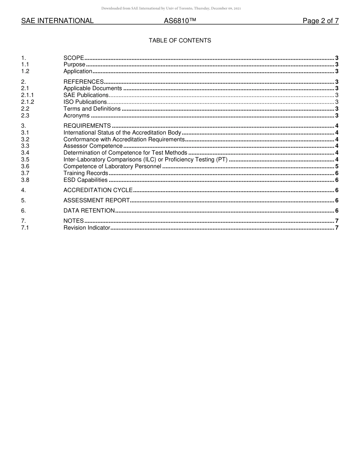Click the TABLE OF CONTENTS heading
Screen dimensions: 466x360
[180, 41]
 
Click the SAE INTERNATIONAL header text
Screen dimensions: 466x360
[57, 21]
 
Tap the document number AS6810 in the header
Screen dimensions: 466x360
[180, 21]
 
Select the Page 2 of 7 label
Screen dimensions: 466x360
[320, 21]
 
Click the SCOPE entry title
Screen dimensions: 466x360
[74, 58]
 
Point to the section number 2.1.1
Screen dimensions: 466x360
[27, 95]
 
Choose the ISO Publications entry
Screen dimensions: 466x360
[85, 102]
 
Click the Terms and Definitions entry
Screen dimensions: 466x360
[92, 109]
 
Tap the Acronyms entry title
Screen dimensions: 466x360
[77, 116]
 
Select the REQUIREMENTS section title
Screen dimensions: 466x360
[87, 126]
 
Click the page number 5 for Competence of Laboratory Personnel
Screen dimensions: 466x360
[337, 166]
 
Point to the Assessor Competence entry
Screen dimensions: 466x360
[93, 146]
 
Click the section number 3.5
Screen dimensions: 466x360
[25, 160]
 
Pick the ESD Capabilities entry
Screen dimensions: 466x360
[85, 180]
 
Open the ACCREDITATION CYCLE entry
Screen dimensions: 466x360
[98, 190]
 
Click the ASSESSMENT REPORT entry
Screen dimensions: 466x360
[96, 200]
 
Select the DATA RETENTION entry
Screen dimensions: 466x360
[89, 211]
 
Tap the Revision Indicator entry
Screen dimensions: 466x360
[86, 228]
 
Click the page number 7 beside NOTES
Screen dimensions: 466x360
[337, 221]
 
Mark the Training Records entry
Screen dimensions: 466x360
[86, 173]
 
